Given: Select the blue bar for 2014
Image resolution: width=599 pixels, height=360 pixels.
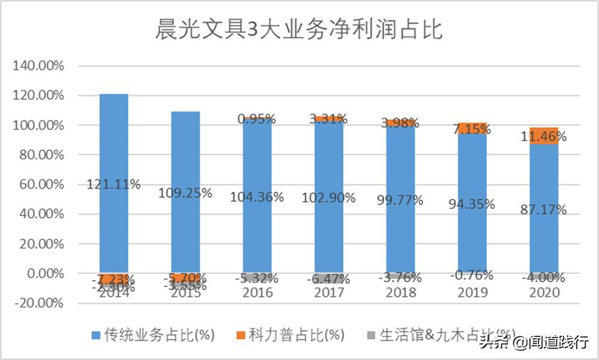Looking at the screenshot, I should pos(114,152).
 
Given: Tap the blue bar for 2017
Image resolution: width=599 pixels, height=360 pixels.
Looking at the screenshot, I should pos(328,165).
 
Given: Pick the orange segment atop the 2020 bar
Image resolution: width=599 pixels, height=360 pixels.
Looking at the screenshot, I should pos(544,135).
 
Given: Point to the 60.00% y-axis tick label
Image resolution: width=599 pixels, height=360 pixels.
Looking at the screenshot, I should pos(44,185).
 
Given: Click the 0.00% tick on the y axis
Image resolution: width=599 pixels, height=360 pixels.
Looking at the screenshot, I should pos(47,274).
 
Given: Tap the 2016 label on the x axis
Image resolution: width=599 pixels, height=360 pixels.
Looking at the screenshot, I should pos(256,293).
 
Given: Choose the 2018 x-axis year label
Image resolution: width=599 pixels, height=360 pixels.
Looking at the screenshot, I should pos(400,293).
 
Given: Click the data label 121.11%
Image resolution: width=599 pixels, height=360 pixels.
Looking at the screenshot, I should pos(113,185).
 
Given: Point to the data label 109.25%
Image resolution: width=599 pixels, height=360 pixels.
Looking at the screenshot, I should pos(185,193).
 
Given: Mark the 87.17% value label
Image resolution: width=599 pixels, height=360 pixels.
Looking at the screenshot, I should pos(543,209).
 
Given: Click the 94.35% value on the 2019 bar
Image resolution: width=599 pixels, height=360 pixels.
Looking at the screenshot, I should pos(471,204).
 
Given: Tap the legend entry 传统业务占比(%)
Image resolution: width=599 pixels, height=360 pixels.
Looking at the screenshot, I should pos(158,335).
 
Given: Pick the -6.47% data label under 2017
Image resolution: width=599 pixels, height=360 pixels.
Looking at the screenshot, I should pos(328,280).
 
